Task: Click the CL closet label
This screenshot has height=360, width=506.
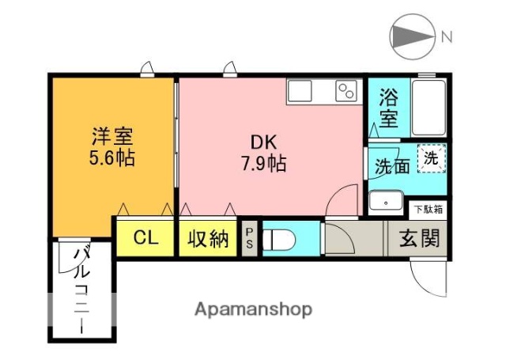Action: [x=144, y=237]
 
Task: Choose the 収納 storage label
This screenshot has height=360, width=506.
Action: [x=208, y=238]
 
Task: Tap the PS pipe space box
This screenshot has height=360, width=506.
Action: [x=249, y=237]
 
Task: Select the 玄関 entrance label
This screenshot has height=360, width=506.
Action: [x=418, y=237]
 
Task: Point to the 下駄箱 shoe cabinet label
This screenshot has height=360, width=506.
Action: [x=429, y=210]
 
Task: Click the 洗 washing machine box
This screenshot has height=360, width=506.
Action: [x=432, y=158]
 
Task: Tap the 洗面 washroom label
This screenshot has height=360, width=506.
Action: [x=391, y=167]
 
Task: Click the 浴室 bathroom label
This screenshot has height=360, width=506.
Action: [x=387, y=109]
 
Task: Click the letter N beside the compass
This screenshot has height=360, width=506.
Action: [x=447, y=36]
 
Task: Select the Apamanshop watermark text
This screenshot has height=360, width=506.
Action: [x=253, y=308]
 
